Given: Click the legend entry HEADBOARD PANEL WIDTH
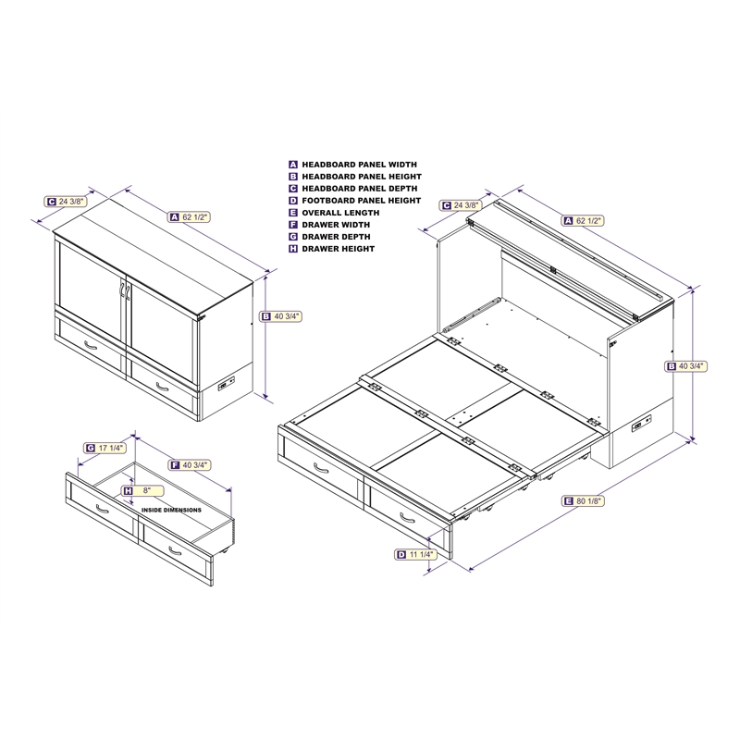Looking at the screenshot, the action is (353, 165).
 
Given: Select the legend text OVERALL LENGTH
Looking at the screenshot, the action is (334, 213).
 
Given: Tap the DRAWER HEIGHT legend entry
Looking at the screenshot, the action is (332, 249).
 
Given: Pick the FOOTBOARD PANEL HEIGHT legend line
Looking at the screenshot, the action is (355, 201).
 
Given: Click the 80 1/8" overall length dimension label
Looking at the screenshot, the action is (584, 500).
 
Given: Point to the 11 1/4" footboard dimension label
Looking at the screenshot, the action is (415, 554).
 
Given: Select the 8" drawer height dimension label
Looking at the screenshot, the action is (142, 491).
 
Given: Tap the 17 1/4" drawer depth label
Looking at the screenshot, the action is (105, 448).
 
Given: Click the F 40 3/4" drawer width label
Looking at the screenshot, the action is (190, 465).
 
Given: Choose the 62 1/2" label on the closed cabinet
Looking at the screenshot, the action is (190, 217).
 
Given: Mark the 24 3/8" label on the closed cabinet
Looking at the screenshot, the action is (66, 202).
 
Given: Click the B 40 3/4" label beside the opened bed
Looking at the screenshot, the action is (686, 366).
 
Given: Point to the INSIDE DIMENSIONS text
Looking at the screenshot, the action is (171, 511).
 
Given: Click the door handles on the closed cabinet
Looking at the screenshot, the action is (124, 290).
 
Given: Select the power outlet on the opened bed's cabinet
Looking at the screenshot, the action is (642, 423).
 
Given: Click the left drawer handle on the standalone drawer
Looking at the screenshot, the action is (103, 510).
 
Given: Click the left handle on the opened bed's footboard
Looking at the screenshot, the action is (321, 468).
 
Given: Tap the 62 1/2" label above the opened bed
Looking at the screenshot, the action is (583, 220).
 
